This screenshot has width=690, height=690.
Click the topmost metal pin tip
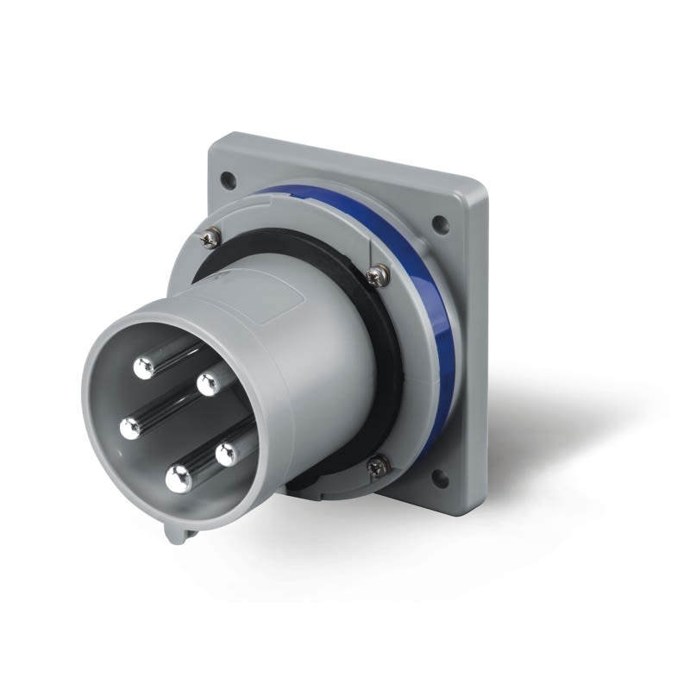coord(144,368)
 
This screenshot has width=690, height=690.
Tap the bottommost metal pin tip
coord(179,479)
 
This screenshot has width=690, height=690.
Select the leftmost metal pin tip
coord(130,427)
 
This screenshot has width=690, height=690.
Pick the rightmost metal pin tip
coord(227,454)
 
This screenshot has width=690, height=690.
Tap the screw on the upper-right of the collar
coord(376,276)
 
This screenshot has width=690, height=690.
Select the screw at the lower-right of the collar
coord(378,467)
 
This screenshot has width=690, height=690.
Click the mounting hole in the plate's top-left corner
coord(228,180)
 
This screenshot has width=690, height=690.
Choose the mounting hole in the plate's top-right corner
coord(440,226)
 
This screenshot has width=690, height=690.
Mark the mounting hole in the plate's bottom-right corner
coord(441,477)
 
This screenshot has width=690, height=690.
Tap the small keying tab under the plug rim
coord(178,534)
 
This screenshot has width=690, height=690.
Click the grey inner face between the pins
coord(172,414)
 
